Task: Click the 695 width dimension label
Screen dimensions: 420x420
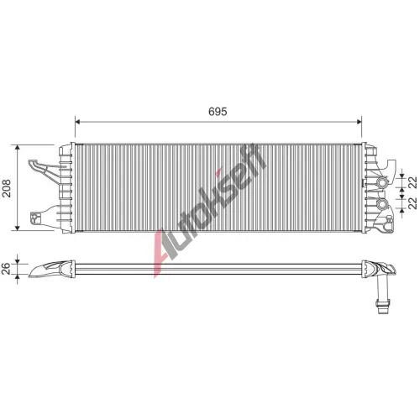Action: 218,112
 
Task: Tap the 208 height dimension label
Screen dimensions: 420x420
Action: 6,188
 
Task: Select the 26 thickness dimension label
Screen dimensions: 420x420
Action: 6,269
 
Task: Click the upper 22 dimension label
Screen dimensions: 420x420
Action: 412,182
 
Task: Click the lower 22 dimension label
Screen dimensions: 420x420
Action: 412,203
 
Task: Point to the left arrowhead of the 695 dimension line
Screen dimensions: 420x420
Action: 78,122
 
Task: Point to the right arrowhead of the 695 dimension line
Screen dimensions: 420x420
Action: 359,122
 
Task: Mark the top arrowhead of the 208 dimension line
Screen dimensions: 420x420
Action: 18,148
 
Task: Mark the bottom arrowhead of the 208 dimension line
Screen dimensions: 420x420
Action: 18,228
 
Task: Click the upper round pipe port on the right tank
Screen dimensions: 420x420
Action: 381,183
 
